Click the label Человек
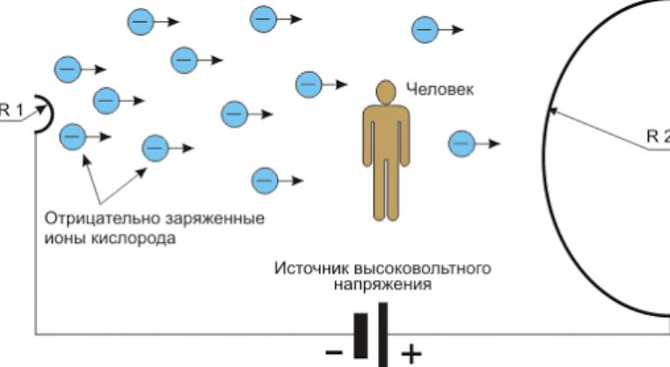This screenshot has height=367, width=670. pos(439,89)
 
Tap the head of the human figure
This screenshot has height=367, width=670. pos(384,92)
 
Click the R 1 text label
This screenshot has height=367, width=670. pos(10,110)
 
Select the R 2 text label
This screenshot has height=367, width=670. pos(658,136)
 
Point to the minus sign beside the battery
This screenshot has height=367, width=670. pos(334,353)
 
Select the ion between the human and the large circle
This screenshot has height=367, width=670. pos(462,143)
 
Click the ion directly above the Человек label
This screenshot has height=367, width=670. pos(426,29)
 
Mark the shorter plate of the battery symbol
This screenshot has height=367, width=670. pos(360,335)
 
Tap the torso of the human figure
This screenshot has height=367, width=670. pos(384,132)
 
